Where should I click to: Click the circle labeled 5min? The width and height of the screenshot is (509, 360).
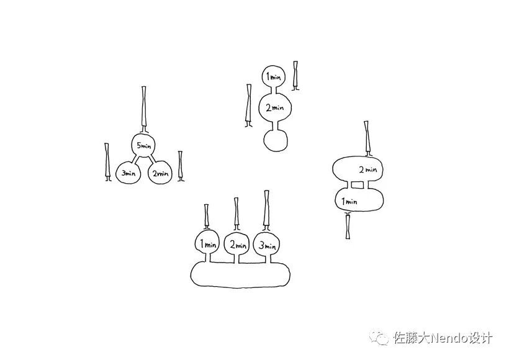click(143, 146)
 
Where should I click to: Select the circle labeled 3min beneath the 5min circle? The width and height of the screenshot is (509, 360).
click(128, 173)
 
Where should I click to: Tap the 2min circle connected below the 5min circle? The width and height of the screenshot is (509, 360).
click(159, 173)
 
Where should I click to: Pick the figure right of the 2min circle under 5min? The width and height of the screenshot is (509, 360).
click(181, 166)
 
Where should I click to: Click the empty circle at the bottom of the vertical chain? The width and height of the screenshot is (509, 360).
click(276, 139)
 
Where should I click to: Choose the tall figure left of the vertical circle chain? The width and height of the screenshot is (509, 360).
click(249, 106)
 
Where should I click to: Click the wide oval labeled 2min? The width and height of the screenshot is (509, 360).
click(359, 169)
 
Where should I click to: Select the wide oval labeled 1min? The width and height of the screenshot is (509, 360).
click(358, 200)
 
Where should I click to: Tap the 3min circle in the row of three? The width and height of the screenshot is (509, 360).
click(266, 245)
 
